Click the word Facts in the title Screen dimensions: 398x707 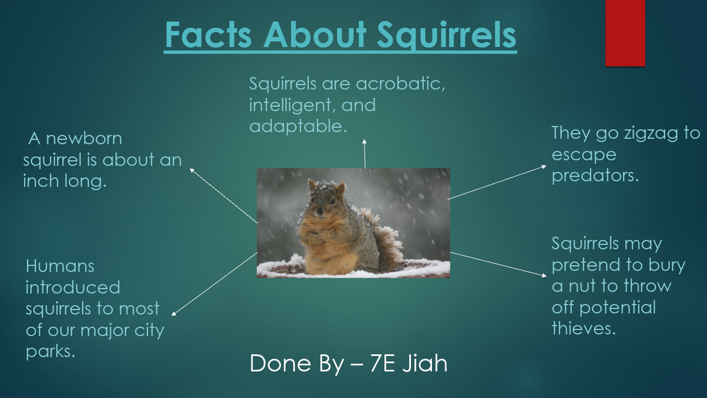(x=208, y=35)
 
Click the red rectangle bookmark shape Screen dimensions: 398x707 (x=625, y=33)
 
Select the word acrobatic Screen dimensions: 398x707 (x=400, y=84)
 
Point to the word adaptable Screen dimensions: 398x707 (x=298, y=126)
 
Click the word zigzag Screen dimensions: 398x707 (x=643, y=134)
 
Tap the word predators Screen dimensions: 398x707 (x=595, y=176)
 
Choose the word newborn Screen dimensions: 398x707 (x=84, y=139)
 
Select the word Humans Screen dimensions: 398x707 (x=60, y=266)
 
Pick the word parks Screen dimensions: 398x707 (x=50, y=351)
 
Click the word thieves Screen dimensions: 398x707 (x=583, y=328)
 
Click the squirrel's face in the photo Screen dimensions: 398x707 (x=322, y=205)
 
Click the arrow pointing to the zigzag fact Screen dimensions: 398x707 (x=497, y=182)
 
